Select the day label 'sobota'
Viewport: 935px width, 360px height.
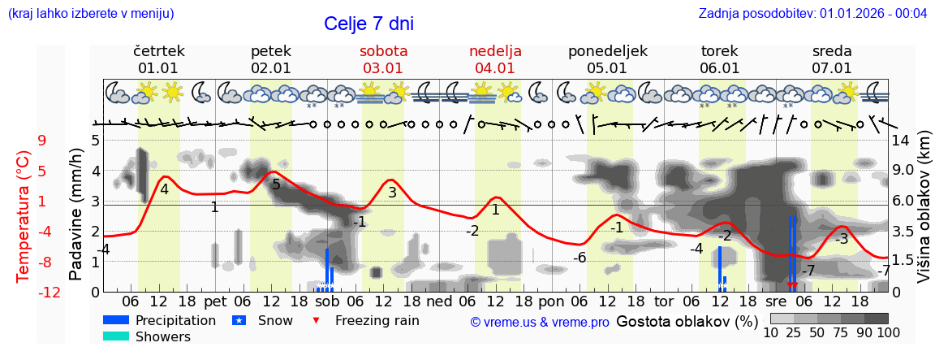coord(383,51)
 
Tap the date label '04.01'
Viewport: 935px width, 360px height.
coord(495,68)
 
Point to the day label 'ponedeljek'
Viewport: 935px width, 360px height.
coord(607,51)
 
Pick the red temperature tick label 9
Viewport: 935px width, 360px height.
coord(42,140)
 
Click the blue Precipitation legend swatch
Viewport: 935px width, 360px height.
coord(117,320)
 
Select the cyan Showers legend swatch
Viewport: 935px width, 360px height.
coord(117,336)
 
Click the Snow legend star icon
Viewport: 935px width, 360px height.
coord(239,320)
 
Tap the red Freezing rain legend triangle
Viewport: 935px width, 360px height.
coord(317,320)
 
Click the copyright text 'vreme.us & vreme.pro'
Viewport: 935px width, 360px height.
coord(540,323)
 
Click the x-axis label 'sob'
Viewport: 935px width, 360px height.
coord(326,300)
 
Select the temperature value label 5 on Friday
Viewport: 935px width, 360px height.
coord(276,184)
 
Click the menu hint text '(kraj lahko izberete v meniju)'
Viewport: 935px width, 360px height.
coord(91,13)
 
